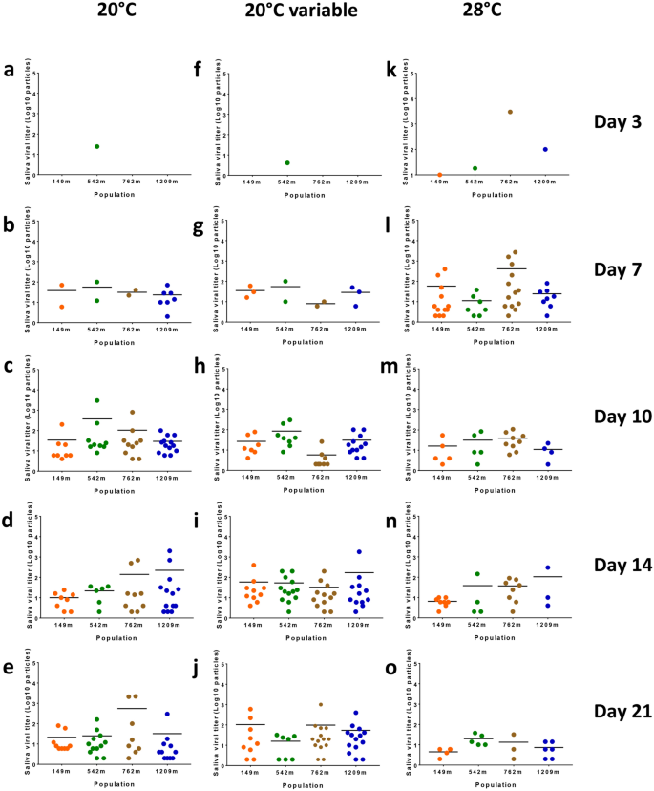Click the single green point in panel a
pos(97,146)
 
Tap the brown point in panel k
pos(511,112)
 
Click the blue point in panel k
pos(544,149)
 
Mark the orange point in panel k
pos(439,175)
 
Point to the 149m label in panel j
pos(249,771)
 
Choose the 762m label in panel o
pos(511,771)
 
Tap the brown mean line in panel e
pos(133,708)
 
